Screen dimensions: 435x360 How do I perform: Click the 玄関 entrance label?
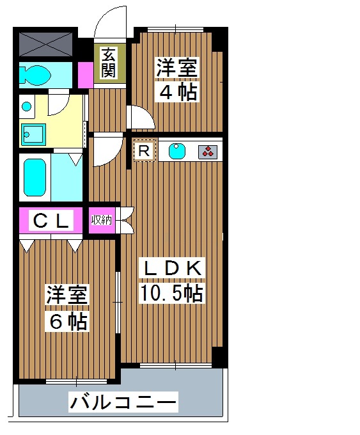107,63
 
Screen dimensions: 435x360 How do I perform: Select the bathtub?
35,177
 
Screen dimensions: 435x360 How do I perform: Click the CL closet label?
51,221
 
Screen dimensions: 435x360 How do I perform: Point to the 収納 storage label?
102,221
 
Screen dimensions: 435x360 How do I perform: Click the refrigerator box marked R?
145,151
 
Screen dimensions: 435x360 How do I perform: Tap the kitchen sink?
176,152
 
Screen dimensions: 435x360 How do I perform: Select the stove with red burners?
208,152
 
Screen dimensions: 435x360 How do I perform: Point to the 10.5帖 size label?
172,293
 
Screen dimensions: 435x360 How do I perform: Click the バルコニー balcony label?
123,403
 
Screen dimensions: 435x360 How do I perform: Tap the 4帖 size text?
177,91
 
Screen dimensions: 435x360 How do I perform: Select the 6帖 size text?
67,320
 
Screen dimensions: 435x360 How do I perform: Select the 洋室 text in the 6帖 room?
67,296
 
